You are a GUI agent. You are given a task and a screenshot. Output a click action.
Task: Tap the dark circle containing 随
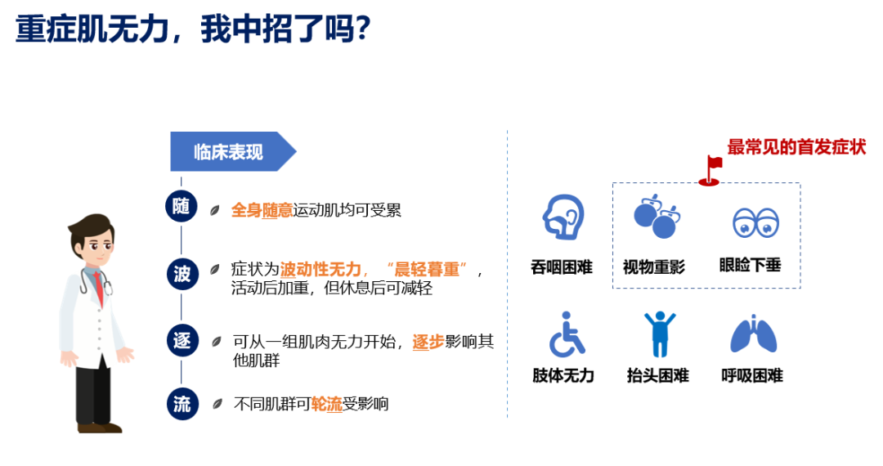[182, 206]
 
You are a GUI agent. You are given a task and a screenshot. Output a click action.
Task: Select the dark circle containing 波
[182, 274]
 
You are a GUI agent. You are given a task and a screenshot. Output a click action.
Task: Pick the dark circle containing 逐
[182, 340]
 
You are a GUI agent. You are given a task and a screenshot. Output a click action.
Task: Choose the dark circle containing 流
[182, 404]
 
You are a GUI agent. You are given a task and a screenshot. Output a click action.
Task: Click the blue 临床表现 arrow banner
[233, 151]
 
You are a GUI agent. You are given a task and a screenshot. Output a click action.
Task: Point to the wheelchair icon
[567, 335]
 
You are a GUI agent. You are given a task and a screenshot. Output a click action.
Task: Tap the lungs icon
[754, 334]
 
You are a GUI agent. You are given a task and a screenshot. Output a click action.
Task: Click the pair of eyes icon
[755, 222]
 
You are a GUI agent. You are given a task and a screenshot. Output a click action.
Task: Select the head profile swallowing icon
[563, 217]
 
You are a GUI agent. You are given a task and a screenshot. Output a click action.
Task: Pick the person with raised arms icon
[660, 334]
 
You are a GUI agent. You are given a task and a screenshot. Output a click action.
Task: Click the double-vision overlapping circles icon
[657, 217]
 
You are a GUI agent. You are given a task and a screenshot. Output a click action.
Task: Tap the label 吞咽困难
[562, 267]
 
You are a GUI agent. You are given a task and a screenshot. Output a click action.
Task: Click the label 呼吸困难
[752, 375]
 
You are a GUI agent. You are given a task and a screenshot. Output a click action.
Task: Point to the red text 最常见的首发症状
[796, 147]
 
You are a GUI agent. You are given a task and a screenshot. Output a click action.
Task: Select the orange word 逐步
[428, 342]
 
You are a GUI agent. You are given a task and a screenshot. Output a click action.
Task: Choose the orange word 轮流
[326, 404]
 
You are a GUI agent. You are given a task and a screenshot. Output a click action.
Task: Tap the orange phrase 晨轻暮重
[428, 270]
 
